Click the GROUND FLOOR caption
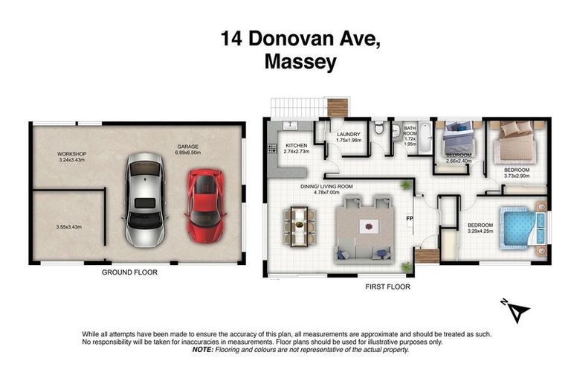point(129,272)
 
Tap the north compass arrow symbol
point(519,311)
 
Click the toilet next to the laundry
point(380,129)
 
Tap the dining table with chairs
point(300,226)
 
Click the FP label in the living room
point(409,219)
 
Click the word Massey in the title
point(300,63)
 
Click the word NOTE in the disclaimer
point(202,349)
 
